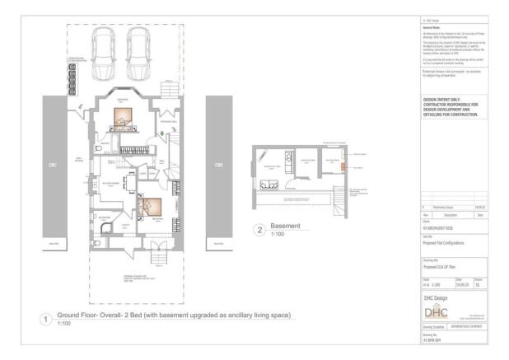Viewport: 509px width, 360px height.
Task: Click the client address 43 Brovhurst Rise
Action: click(x=437, y=228)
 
